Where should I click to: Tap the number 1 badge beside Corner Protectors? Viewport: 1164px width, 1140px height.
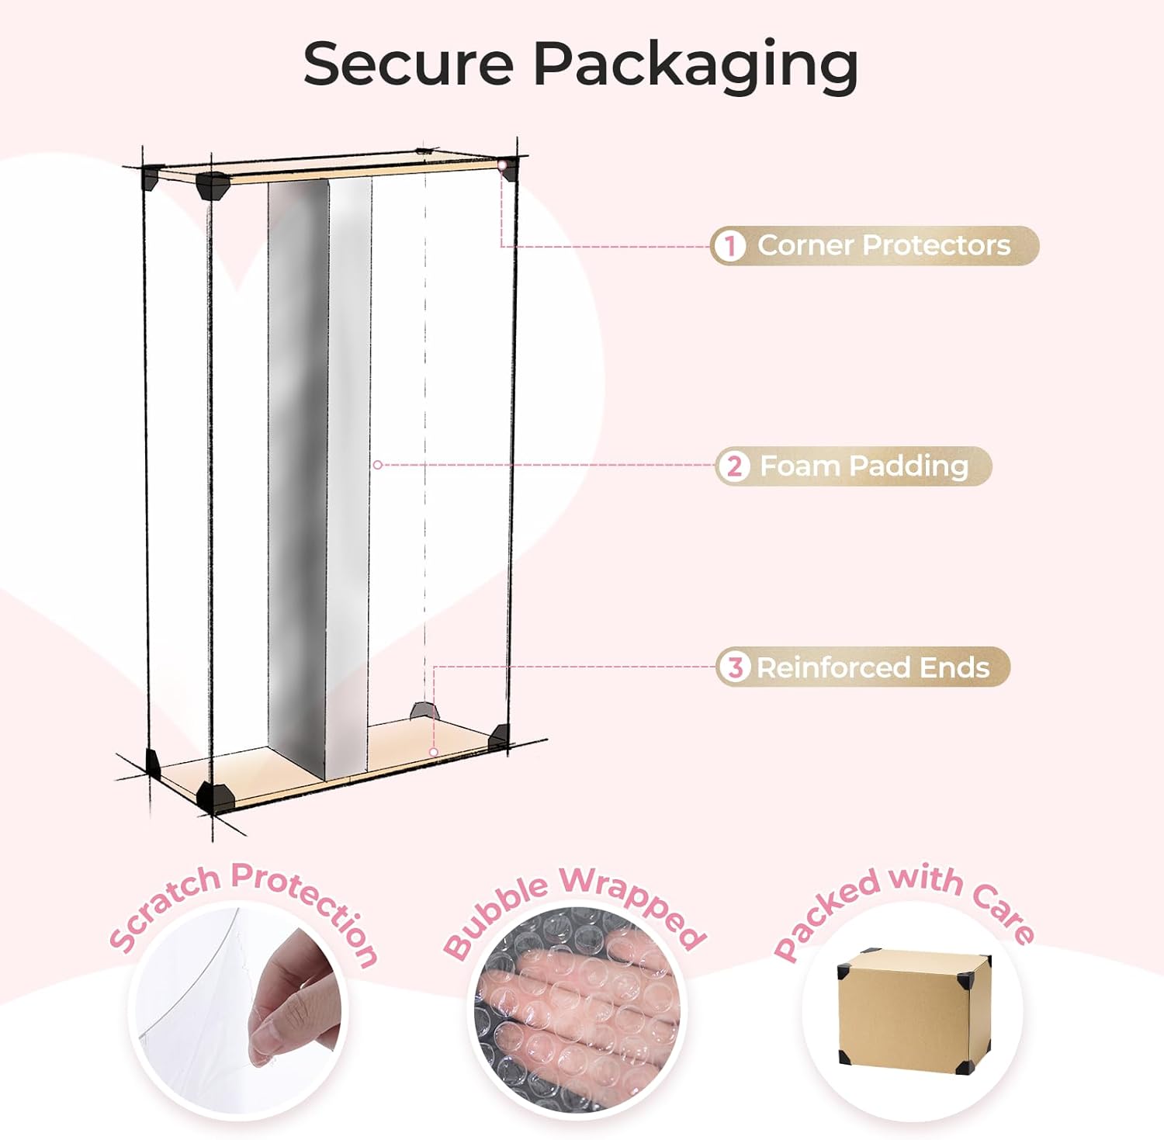(x=729, y=246)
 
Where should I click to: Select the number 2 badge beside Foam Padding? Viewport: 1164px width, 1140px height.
(x=733, y=466)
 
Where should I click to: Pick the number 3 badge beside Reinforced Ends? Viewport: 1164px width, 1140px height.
(x=734, y=667)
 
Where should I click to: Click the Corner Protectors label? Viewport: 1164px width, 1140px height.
(x=884, y=245)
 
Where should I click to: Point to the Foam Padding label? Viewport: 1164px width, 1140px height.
(x=864, y=466)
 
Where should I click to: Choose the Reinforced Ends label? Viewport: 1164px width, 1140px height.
(x=873, y=667)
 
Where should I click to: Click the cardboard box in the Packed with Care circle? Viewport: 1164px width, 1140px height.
(x=914, y=1008)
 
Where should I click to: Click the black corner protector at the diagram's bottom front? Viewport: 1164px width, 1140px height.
(x=214, y=795)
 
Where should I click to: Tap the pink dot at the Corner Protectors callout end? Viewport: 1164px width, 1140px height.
(x=503, y=165)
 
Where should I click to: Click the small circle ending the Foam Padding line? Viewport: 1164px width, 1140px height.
(x=377, y=465)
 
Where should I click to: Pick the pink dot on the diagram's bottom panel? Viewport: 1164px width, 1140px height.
(x=434, y=752)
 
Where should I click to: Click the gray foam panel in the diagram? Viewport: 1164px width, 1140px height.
(x=297, y=466)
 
